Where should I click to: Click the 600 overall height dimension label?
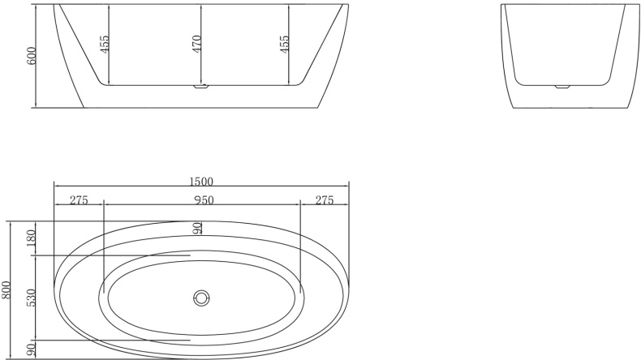point(32,55)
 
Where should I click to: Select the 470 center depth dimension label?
point(196,44)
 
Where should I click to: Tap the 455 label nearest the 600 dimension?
point(105,44)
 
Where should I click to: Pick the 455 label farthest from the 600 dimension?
point(284,44)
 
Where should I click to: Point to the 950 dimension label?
point(203,201)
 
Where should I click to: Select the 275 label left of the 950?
point(79,201)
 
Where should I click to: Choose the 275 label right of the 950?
point(325,201)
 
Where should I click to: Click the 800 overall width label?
point(6,289)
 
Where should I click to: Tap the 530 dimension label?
point(32,298)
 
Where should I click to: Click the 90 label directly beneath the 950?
point(196,229)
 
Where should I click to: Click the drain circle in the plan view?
point(201,298)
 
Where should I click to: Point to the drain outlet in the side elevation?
point(201,86)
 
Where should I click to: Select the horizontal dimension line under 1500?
point(201,188)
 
